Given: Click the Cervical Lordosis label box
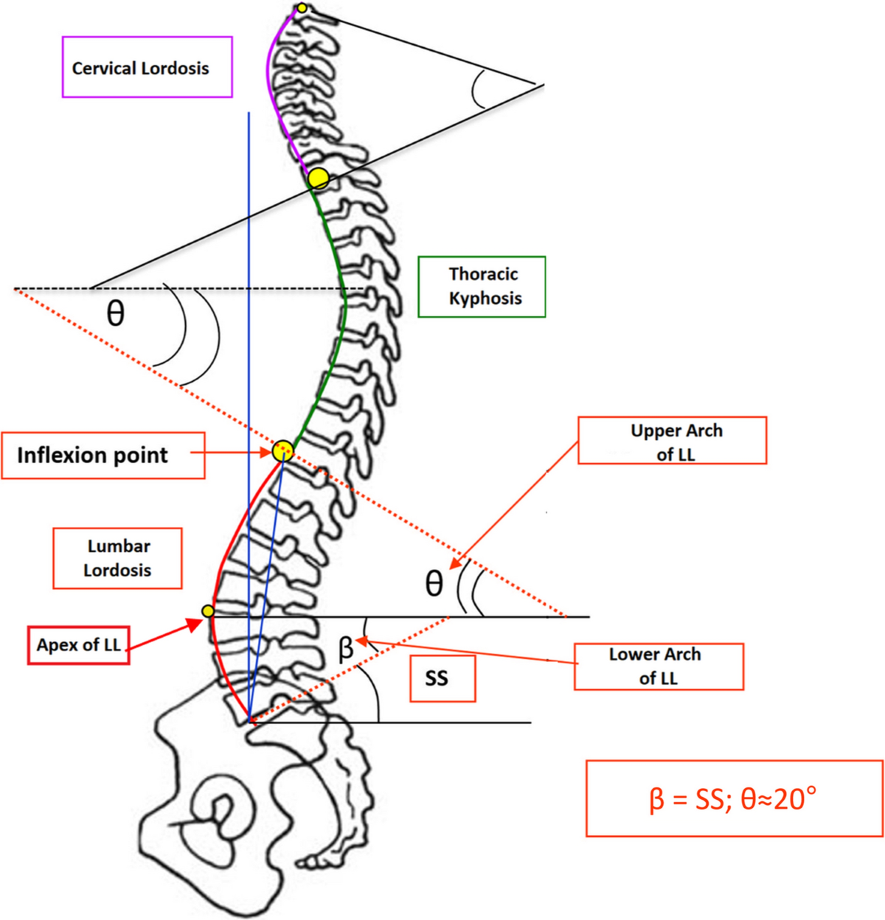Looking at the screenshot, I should click(147, 67).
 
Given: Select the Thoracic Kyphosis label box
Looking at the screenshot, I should click(482, 286).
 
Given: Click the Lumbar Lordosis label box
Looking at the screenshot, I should click(117, 558).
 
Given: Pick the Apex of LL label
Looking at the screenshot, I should click(79, 645).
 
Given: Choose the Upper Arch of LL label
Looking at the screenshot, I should click(672, 441).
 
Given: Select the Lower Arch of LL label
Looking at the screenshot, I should click(658, 666).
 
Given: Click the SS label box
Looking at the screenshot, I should click(442, 677).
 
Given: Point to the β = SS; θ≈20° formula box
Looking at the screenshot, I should click(734, 798).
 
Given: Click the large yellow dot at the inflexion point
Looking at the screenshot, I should click(282, 450).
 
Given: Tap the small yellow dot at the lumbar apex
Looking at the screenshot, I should click(208, 611).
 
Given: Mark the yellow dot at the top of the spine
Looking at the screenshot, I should click(302, 8).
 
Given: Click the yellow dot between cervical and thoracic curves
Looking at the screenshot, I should click(318, 178).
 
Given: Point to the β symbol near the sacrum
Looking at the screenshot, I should click(345, 649).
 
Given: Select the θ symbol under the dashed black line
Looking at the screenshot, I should click(116, 314).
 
